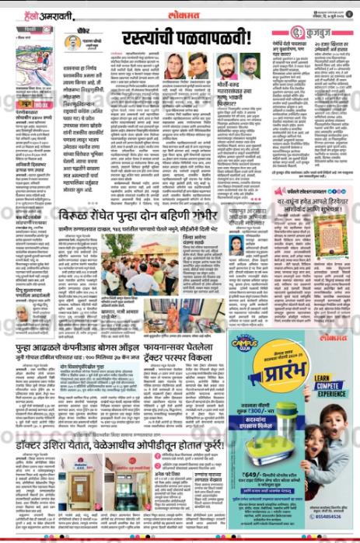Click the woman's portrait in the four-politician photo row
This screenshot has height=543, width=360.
coord(175,65)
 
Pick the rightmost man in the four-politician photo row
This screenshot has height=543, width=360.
coord(250,65)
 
